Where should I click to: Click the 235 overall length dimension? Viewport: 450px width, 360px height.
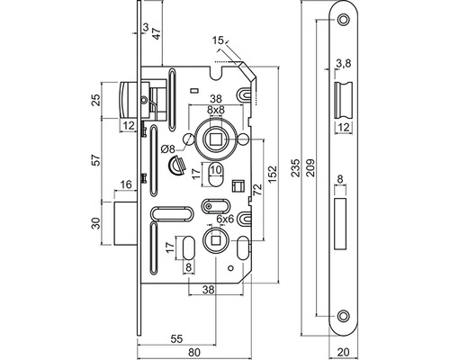[x=296, y=167]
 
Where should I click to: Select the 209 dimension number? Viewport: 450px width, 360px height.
[x=310, y=167]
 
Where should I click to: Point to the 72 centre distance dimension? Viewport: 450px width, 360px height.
[x=257, y=190]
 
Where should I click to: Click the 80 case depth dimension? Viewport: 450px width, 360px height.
[x=194, y=353]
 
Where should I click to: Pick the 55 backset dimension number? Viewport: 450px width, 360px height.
[x=176, y=339]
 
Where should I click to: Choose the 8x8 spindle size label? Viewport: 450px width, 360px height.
[x=216, y=110]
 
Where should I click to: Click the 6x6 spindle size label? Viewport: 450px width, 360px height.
[x=225, y=220]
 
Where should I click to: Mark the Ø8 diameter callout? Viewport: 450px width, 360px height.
[x=167, y=148]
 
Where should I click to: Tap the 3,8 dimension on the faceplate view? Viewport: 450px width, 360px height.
[x=344, y=63]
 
